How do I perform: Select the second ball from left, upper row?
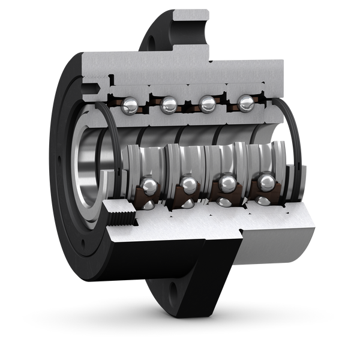click(x=169, y=106)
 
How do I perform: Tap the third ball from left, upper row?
click(x=207, y=104)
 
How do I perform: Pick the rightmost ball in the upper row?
click(x=245, y=104)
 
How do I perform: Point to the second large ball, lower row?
click(x=189, y=185)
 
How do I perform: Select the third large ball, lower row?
click(x=227, y=182)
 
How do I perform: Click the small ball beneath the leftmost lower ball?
click(x=148, y=205)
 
